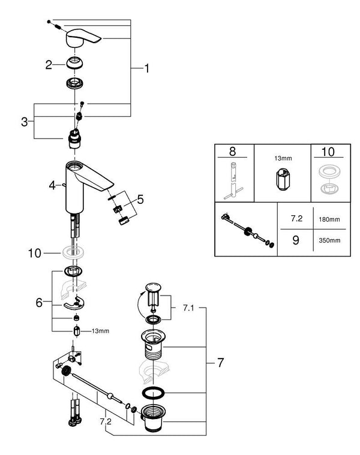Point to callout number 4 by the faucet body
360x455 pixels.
click(x=53, y=185)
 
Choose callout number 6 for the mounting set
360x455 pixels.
click(x=39, y=303)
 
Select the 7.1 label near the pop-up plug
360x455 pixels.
click(x=188, y=308)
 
